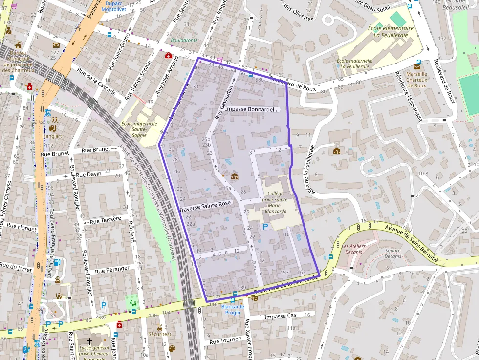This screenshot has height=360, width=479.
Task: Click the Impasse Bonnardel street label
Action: (x=251, y=109)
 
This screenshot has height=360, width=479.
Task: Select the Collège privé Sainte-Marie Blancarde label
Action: (x=275, y=203)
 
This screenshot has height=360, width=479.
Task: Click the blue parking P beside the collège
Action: (x=265, y=227)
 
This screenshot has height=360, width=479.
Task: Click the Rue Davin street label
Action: (x=88, y=174)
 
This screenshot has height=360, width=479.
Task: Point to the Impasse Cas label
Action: (x=280, y=316)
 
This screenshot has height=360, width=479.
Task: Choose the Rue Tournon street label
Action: (x=225, y=339)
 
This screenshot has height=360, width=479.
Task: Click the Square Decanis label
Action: (x=392, y=254)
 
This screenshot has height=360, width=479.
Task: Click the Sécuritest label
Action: (x=159, y=335)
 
